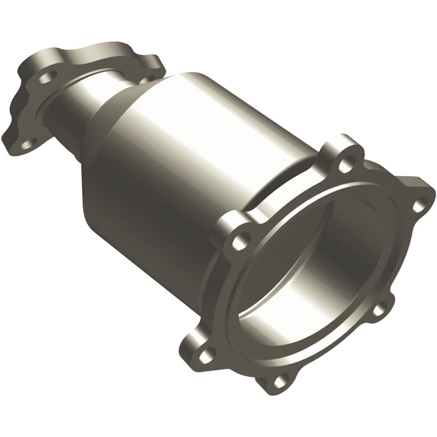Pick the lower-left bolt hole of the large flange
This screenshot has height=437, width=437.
pos(205,355)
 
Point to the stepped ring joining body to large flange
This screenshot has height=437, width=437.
pos(275,187)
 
